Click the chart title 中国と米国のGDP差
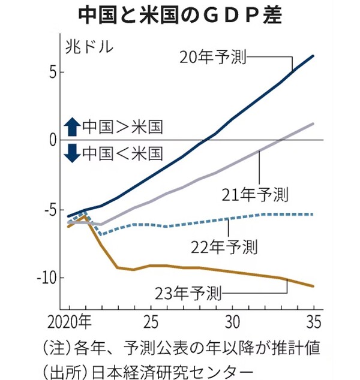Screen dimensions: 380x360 (x=179, y=15)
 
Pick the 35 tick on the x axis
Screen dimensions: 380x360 (x=313, y=319)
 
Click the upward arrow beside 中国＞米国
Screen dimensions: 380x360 (x=72, y=126)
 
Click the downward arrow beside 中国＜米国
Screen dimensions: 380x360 (x=72, y=153)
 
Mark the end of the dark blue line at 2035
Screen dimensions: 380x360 (x=313, y=56)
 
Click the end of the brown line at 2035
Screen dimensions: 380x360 (x=313, y=286)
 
